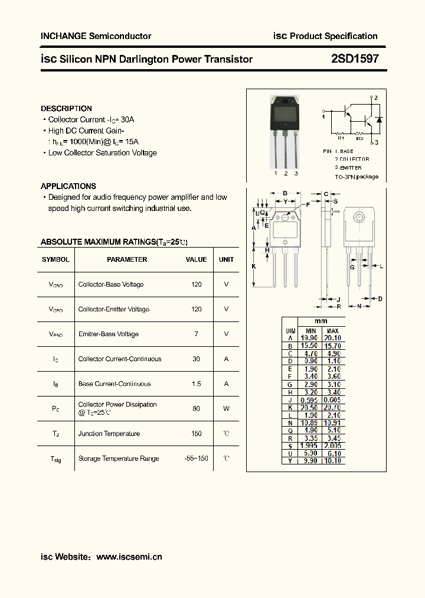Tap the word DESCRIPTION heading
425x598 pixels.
66,109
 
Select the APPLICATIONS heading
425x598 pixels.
68,186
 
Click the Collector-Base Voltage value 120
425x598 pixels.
197,285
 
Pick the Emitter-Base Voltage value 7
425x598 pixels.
197,334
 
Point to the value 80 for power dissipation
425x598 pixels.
197,409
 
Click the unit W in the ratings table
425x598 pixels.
226,409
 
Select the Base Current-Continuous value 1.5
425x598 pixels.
197,384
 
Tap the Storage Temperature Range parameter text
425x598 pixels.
119,459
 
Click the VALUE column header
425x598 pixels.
197,259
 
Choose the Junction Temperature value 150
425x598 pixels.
197,434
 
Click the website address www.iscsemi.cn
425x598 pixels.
129,557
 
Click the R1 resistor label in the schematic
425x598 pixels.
340,137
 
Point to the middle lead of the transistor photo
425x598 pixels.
286,151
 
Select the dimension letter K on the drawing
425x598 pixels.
254,266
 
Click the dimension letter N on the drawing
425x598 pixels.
358,306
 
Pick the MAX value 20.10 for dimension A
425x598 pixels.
333,338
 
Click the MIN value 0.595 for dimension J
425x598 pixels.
309,400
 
